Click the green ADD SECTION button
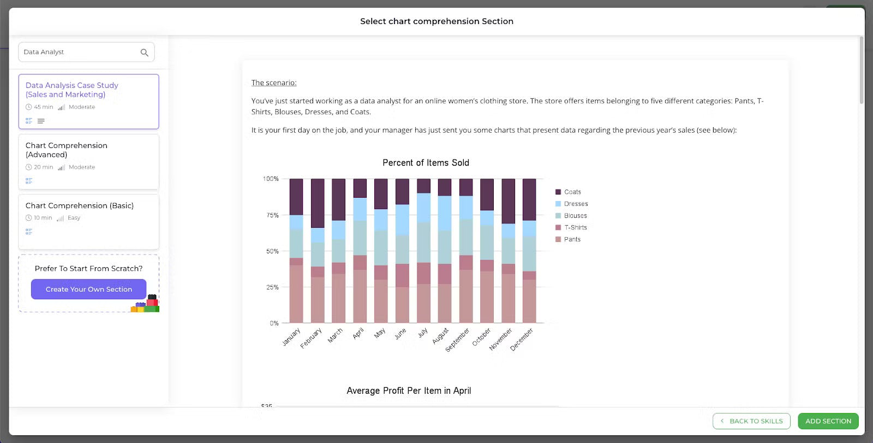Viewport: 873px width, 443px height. (828, 421)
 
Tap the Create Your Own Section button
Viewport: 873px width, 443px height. (88, 289)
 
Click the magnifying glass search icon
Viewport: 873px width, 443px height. (145, 52)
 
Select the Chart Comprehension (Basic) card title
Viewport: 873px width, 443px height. (80, 205)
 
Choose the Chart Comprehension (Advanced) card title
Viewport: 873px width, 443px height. (67, 150)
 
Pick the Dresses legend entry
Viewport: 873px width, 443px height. (575, 204)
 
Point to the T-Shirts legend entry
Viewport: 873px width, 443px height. (575, 227)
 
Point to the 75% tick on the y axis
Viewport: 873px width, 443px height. (272, 215)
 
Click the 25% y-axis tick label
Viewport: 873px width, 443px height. (272, 287)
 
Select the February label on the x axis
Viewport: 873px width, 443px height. (311, 338)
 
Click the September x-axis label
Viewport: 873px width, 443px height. (457, 340)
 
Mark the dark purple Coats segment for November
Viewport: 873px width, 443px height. (508, 201)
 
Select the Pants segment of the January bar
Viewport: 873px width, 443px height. (296, 293)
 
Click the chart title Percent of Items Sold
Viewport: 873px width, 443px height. (426, 163)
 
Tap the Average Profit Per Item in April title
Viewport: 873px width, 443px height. (409, 391)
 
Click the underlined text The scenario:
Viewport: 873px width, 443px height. (274, 82)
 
